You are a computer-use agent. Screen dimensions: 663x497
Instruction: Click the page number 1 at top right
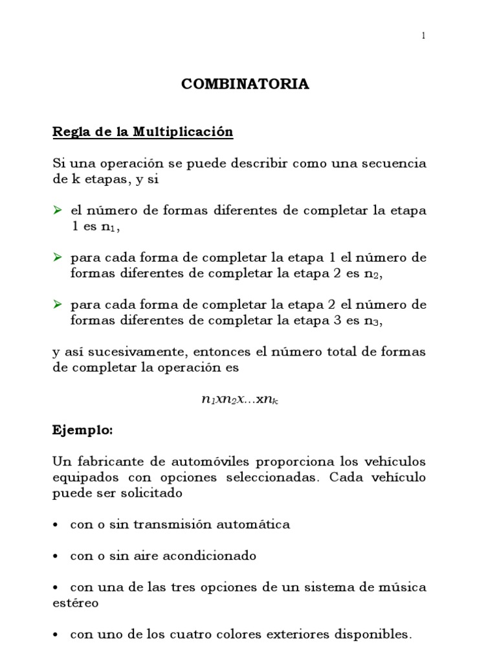423,36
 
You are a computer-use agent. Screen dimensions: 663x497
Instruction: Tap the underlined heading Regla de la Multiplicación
142,132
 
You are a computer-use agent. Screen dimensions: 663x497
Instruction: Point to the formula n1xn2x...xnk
239,399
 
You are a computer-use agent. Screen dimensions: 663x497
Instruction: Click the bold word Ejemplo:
82,429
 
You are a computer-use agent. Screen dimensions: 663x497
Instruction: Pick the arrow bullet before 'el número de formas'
57,211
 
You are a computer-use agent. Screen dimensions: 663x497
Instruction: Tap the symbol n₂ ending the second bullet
372,274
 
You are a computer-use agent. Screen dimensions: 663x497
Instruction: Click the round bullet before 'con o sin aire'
56,556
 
